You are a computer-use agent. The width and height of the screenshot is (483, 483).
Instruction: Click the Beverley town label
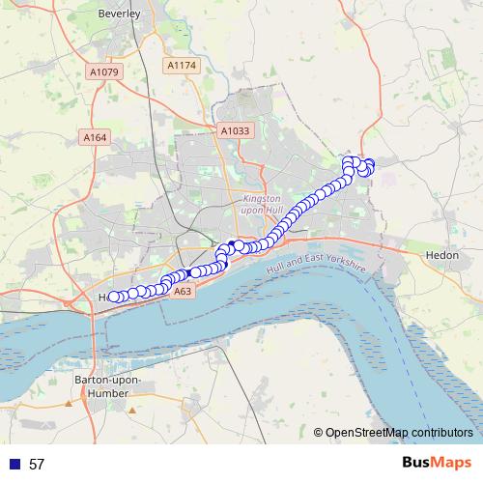[120, 14]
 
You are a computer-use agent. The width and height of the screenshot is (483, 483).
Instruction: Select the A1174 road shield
[180, 65]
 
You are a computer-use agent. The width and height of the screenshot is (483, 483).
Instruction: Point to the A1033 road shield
[234, 130]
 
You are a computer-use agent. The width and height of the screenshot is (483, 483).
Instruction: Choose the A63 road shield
[184, 290]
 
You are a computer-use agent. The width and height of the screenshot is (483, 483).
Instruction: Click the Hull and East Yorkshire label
[318, 264]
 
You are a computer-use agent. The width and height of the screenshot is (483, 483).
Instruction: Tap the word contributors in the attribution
[442, 433]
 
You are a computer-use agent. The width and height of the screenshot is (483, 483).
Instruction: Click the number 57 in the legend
[37, 464]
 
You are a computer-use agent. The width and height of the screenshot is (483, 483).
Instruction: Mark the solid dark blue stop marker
[232, 243]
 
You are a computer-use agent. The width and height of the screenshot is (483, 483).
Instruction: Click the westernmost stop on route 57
[113, 298]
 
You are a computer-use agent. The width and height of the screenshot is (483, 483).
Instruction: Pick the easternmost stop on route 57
[369, 166]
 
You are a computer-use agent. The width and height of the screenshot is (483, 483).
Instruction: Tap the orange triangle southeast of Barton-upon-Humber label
[132, 409]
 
